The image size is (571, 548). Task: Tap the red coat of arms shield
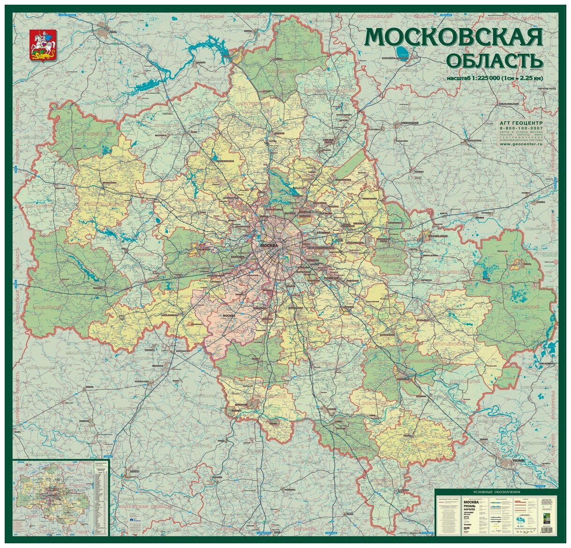tap(43, 45)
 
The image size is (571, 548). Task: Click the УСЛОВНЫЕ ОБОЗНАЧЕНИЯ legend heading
tap(496, 491)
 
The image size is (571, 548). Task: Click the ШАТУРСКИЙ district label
tap(529, 307)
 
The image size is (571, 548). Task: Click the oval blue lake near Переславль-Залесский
tap(401, 50)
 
